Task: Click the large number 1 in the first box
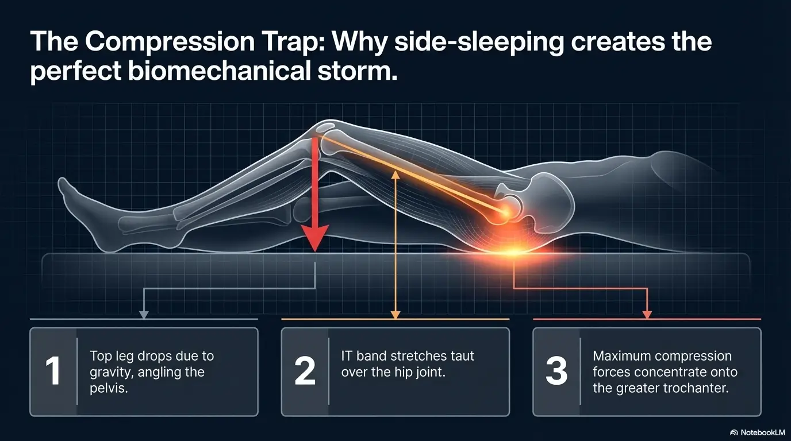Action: click(x=52, y=371)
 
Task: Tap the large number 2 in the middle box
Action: click(x=305, y=371)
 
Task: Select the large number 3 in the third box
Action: click(x=556, y=371)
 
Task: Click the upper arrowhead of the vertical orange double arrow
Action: click(x=395, y=174)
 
